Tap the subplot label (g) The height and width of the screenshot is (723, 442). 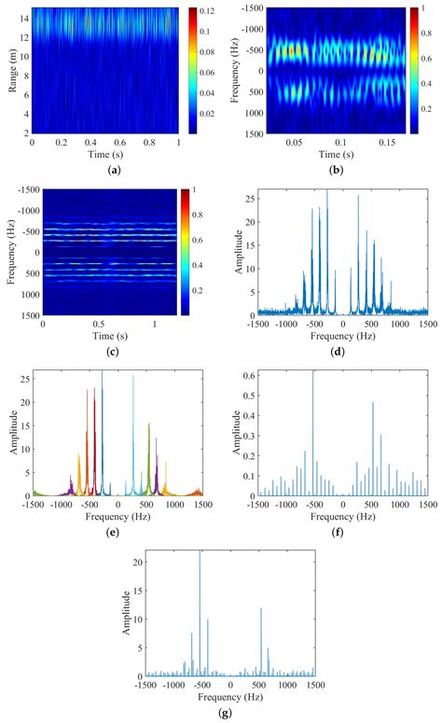(x=221, y=714)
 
